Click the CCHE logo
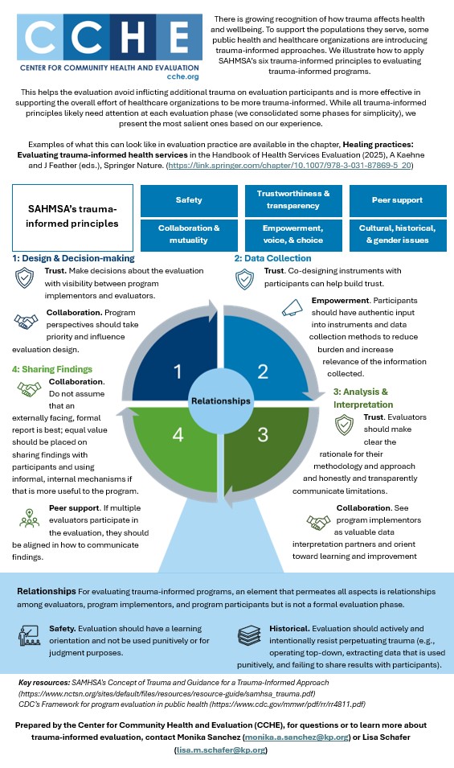point(109,47)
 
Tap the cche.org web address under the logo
point(183,76)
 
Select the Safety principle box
point(189,200)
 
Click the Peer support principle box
point(397,200)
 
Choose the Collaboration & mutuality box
point(189,235)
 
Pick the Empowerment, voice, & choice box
point(293,235)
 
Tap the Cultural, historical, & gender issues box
point(397,235)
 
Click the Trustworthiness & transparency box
point(293,200)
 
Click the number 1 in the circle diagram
point(178,372)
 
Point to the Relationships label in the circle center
point(221,401)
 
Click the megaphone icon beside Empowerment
point(292,307)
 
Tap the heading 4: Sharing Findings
point(52,369)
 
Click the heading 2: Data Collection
point(272,258)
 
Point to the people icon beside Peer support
point(30,518)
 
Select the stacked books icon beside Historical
point(250,635)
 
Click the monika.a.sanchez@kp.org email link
point(297,737)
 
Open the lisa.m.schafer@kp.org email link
point(221,750)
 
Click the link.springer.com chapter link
point(289,166)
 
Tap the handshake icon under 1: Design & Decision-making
point(26,322)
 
